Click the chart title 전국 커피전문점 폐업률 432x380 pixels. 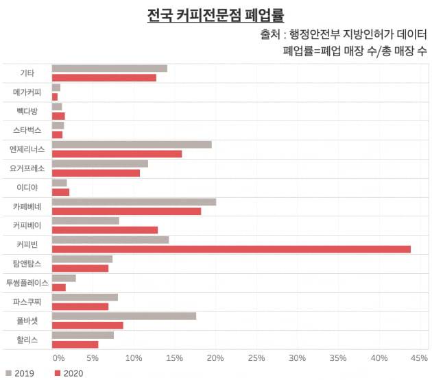(215, 14)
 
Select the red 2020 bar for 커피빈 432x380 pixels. (231, 249)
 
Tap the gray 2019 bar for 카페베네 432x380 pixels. (134, 201)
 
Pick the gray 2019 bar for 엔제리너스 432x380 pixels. (132, 144)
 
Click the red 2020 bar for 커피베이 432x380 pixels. (105, 230)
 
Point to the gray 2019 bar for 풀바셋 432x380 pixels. (124, 316)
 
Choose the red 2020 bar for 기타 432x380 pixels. (104, 77)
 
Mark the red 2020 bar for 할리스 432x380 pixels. (75, 344)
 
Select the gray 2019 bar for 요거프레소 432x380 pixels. (100, 163)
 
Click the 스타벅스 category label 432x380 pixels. (28, 129)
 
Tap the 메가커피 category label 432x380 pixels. (27, 92)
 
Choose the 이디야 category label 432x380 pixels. (28, 187)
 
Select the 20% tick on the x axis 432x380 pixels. (215, 357)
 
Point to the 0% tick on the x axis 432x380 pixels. (59, 357)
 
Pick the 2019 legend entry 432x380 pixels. (20, 373)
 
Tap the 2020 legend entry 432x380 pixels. (69, 373)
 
